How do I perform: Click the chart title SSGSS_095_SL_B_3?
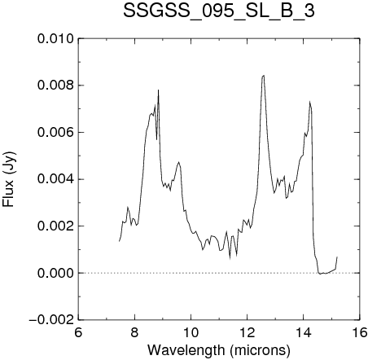(219, 11)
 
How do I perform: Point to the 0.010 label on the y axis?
(55, 39)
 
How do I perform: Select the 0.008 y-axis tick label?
(55, 86)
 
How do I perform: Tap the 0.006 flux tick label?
(55, 133)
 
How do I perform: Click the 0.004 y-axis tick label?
(55, 179)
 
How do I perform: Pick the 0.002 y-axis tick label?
(55, 226)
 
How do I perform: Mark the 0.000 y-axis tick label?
(55, 273)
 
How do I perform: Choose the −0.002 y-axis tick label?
(51, 320)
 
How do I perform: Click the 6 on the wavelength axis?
(78, 332)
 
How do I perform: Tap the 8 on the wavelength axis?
(134, 332)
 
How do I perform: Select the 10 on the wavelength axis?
(191, 332)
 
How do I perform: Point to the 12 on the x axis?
(248, 332)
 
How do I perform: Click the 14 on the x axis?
(304, 332)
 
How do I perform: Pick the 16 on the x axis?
(359, 332)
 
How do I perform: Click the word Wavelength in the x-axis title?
(186, 350)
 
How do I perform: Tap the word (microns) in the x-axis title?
(260, 350)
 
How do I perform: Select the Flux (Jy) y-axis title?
(9, 179)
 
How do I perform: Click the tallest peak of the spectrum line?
(263, 76)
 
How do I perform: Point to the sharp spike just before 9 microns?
(158, 90)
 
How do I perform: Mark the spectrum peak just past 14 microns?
(309, 102)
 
